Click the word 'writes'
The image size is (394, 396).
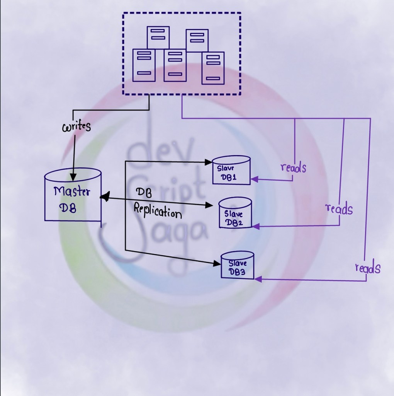[x=76, y=126]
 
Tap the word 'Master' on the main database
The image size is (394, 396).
[x=71, y=191]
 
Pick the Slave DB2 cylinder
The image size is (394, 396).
[x=235, y=213]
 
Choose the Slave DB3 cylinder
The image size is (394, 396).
[x=237, y=265]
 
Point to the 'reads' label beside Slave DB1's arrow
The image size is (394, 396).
[x=293, y=167]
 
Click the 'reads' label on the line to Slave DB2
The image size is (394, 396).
[x=339, y=209]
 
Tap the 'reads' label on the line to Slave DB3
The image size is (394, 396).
[x=367, y=268]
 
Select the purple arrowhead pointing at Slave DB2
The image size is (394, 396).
[x=256, y=226]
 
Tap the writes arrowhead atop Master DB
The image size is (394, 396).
[x=72, y=177]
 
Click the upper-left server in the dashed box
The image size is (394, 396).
[x=158, y=37]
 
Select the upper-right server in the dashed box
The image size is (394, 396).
[x=197, y=40]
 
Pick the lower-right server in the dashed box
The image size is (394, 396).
[x=213, y=68]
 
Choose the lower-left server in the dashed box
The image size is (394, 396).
[x=144, y=65]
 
